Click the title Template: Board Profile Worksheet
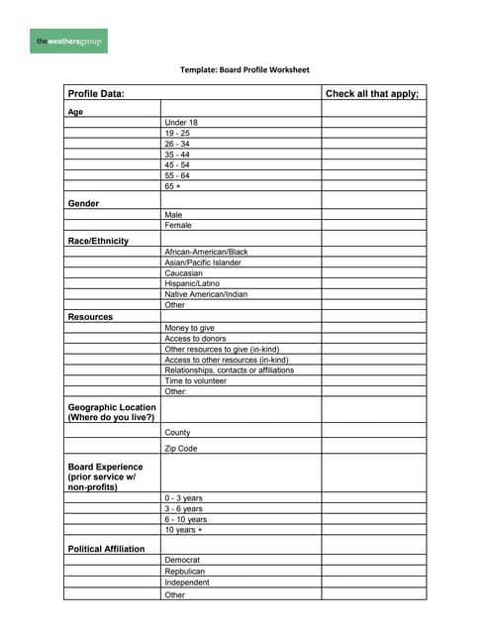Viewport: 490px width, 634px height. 245,70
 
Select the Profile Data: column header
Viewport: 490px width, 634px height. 96,94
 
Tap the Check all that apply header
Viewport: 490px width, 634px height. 372,94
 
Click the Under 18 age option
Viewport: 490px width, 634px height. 181,123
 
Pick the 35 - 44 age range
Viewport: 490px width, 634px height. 178,155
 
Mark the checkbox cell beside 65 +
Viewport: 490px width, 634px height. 373,186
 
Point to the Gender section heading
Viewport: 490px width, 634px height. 83,203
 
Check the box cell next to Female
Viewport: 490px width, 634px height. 373,225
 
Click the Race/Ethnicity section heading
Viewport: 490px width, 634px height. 98,241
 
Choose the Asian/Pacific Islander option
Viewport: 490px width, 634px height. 203,263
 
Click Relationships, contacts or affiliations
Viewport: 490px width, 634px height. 229,370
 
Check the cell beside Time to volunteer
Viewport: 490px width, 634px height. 373,381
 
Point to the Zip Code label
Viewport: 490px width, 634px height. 181,449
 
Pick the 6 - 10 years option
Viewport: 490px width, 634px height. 186,519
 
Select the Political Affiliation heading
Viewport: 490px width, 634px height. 106,549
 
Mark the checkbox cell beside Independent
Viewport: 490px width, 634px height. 373,582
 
